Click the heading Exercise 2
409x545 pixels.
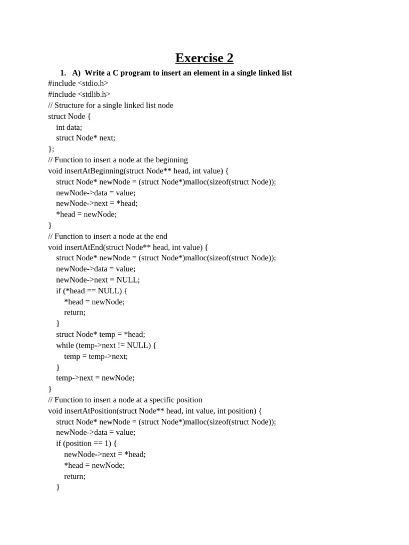tap(204, 58)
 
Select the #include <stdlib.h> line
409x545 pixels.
tap(79, 94)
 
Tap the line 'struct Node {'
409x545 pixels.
tap(69, 116)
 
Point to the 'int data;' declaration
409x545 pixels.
tap(69, 127)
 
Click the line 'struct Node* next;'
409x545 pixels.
tap(85, 138)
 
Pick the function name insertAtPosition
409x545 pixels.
tap(89, 411)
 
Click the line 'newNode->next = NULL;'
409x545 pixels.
tap(98, 279)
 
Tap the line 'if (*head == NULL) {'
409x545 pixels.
tap(92, 291)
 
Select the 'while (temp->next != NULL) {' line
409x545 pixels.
tap(106, 345)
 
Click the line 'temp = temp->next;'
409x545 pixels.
tap(96, 356)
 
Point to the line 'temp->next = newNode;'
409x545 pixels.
tap(95, 378)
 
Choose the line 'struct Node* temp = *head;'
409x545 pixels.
tap(100, 334)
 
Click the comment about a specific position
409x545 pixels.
tap(125, 400)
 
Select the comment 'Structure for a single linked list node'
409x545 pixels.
tap(111, 105)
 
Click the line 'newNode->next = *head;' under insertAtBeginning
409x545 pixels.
tap(96, 203)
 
